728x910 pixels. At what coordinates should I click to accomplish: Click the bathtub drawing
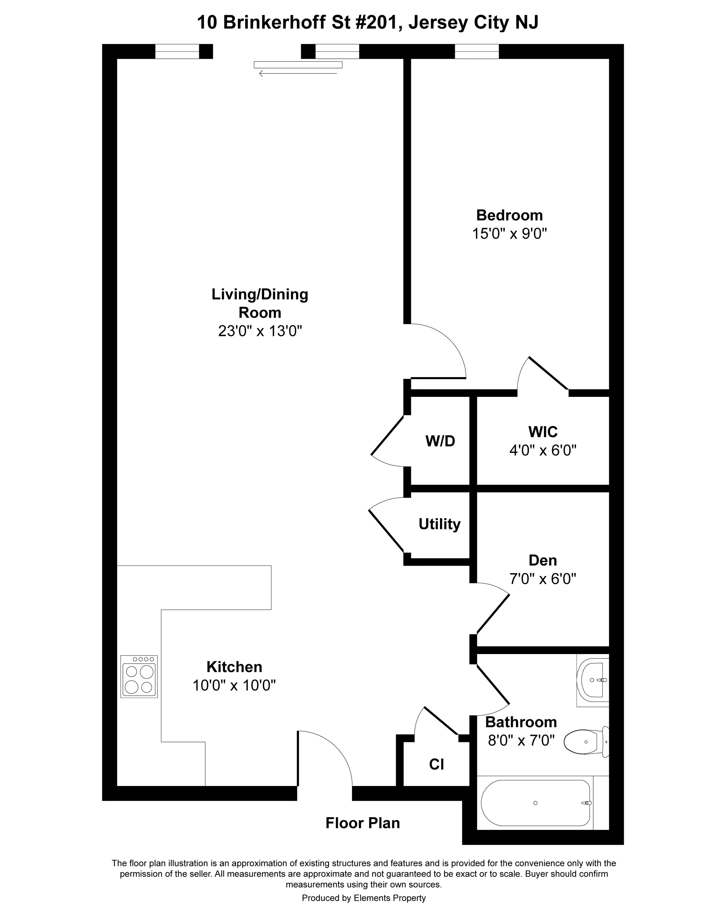click(x=536, y=803)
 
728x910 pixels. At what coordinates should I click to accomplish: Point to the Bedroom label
click(x=509, y=215)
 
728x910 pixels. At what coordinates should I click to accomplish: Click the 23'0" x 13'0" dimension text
click(x=260, y=331)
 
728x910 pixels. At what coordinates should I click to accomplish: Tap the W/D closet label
click(x=440, y=441)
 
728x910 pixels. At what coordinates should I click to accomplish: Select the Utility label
click(x=439, y=524)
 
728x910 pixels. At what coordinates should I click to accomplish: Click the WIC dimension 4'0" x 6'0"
click(x=543, y=450)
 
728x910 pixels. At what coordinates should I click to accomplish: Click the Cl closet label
click(x=437, y=764)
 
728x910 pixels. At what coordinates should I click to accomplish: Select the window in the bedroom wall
click(x=476, y=52)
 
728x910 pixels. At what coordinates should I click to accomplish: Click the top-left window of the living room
click(x=177, y=52)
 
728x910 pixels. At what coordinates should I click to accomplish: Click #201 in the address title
click(x=374, y=22)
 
